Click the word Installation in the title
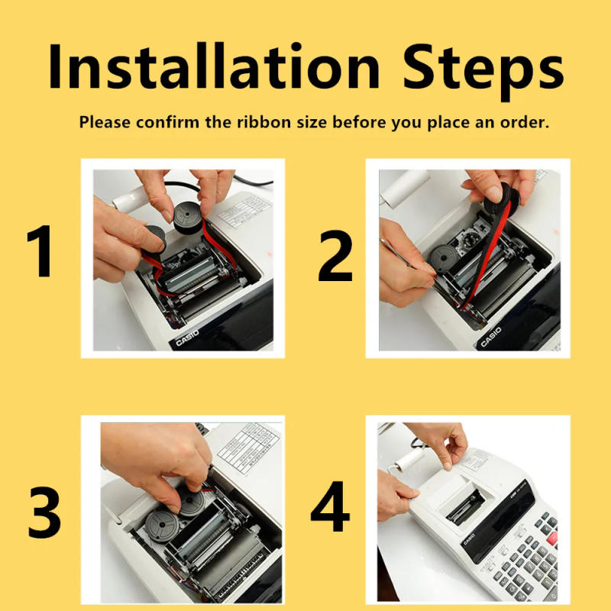click(213, 67)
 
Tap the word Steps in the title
click(483, 67)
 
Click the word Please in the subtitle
click(105, 122)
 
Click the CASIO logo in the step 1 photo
click(188, 337)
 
